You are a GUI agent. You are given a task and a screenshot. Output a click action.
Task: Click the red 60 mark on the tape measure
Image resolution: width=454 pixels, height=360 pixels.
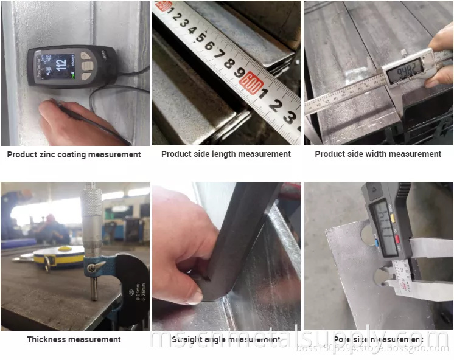click(x=251, y=81)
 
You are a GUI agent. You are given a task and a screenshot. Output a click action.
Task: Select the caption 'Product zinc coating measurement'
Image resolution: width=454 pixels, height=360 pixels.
click(x=74, y=154)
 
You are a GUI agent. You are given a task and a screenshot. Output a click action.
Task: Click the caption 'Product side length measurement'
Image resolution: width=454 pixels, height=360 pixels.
click(x=226, y=154)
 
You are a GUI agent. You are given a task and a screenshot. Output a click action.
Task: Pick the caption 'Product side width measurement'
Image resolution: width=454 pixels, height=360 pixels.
click(x=378, y=154)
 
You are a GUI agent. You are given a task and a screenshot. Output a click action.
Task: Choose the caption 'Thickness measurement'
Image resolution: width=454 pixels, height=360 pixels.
click(x=74, y=339)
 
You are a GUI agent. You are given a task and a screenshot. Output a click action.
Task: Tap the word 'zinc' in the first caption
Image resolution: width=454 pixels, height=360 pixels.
click(x=52, y=154)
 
